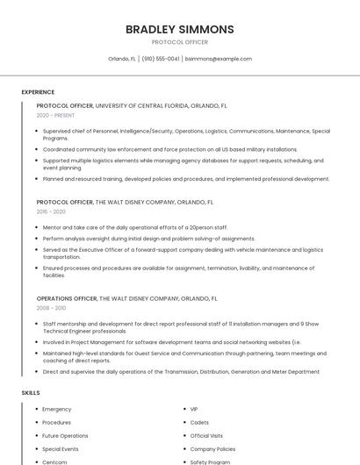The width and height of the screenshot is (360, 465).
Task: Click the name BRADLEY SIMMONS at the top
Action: coord(179,29)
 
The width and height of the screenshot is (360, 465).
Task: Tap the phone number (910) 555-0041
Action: coord(161,59)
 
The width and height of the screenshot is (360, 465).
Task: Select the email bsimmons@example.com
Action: coord(219,59)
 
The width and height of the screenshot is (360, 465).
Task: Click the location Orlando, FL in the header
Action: coord(122,59)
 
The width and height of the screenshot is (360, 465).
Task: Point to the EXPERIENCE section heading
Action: coord(38,92)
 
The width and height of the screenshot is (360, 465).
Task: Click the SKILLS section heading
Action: coord(31,392)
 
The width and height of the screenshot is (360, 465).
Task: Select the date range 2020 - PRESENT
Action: coord(55,115)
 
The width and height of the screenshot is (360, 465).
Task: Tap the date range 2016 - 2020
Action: coord(51,211)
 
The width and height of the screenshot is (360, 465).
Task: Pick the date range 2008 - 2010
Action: coord(51,308)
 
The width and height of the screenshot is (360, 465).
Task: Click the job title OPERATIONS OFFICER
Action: coord(66,298)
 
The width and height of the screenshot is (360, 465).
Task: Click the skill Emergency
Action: coord(56,409)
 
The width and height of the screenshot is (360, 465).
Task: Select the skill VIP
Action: coord(194,409)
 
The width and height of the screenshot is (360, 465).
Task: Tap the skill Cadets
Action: coord(199,422)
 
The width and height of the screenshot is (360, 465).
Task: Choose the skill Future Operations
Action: coord(65,435)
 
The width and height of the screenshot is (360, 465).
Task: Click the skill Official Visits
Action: coord(206,435)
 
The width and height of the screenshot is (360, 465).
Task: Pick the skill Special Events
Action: coord(61,448)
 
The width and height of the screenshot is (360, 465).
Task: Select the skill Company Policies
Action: coord(212,448)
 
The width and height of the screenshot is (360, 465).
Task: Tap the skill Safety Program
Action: coord(210,461)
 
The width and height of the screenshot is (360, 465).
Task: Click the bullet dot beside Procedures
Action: coord(36,422)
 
